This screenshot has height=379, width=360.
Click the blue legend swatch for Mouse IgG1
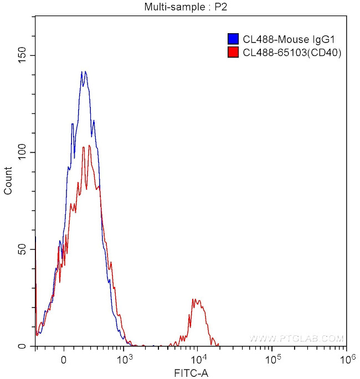coord(233,39)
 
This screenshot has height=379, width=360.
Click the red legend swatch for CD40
coord(233,53)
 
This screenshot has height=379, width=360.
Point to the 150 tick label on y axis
coord(23,55)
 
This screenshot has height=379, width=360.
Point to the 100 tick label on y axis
coord(23,152)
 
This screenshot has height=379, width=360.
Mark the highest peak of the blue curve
coord(83,71)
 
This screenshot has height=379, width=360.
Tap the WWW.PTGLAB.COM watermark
coord(296,338)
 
